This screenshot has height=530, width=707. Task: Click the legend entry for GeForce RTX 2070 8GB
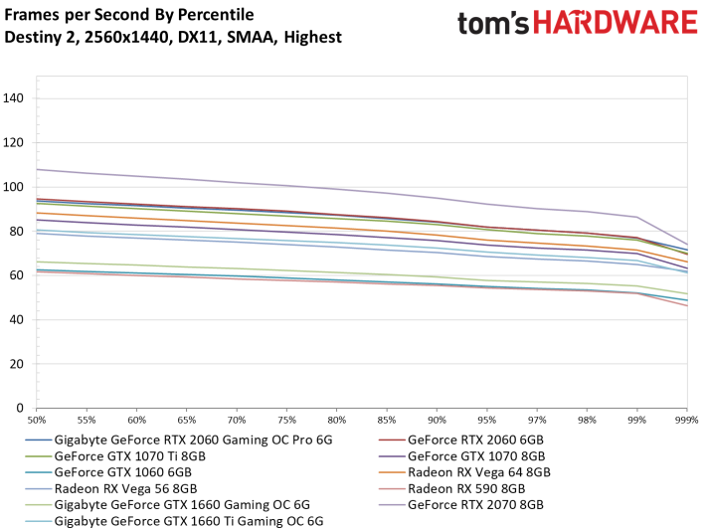475,505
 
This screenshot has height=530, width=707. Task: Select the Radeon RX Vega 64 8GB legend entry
479,472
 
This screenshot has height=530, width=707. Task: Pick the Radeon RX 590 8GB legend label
466,488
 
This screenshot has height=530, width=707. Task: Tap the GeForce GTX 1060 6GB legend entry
122,472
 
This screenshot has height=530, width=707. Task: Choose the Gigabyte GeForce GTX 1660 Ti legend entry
189,521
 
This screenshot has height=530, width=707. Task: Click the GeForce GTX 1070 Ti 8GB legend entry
130,456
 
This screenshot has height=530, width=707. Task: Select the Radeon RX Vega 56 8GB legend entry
125,488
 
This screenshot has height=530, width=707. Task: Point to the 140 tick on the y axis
13,97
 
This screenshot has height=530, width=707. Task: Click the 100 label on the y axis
13,187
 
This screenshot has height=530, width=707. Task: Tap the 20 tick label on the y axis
17,364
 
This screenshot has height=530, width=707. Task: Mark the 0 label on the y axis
20,408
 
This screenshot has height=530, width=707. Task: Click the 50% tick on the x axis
37,421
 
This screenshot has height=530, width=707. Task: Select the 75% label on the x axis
286,421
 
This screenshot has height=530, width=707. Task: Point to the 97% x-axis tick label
537,421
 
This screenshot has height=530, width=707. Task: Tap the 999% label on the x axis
687,421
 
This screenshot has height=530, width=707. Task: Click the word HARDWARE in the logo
616,23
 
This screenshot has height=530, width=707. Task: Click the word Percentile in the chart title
216,15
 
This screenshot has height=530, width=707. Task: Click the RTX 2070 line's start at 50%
37,170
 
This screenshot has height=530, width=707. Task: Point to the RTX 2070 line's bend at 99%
636,217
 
